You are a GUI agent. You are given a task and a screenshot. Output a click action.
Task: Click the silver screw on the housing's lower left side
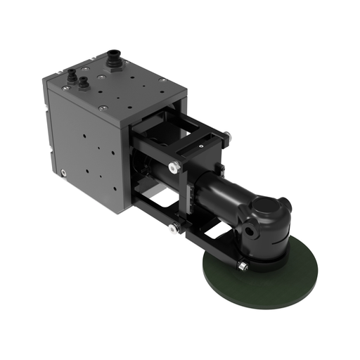[x=65, y=171]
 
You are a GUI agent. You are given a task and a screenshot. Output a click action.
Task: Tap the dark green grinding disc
[x=267, y=281]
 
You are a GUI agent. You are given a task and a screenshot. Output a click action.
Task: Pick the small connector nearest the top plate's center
[x=85, y=82]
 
